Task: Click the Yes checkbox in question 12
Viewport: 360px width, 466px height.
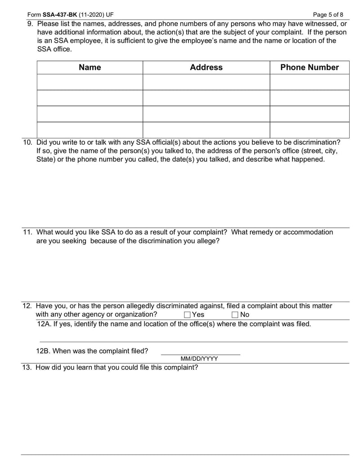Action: pos(187,315)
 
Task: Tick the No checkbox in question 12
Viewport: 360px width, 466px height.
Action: pos(235,315)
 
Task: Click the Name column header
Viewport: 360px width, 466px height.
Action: pos(90,68)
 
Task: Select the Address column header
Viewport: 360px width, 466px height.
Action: pos(206,68)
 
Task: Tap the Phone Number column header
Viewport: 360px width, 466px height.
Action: pos(309,68)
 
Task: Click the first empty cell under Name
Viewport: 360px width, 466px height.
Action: pos(90,82)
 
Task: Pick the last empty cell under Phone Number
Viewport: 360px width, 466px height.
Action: pos(309,130)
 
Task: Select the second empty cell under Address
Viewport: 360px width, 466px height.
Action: pos(206,98)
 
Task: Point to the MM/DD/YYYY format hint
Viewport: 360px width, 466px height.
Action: pos(199,359)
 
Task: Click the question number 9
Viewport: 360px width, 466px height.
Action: pos(30,23)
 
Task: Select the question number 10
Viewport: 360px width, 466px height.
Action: pos(27,142)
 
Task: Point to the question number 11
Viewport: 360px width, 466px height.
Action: pos(27,232)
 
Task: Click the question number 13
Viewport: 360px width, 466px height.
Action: pos(27,367)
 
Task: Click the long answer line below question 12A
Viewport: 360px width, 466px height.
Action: pos(193,342)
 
